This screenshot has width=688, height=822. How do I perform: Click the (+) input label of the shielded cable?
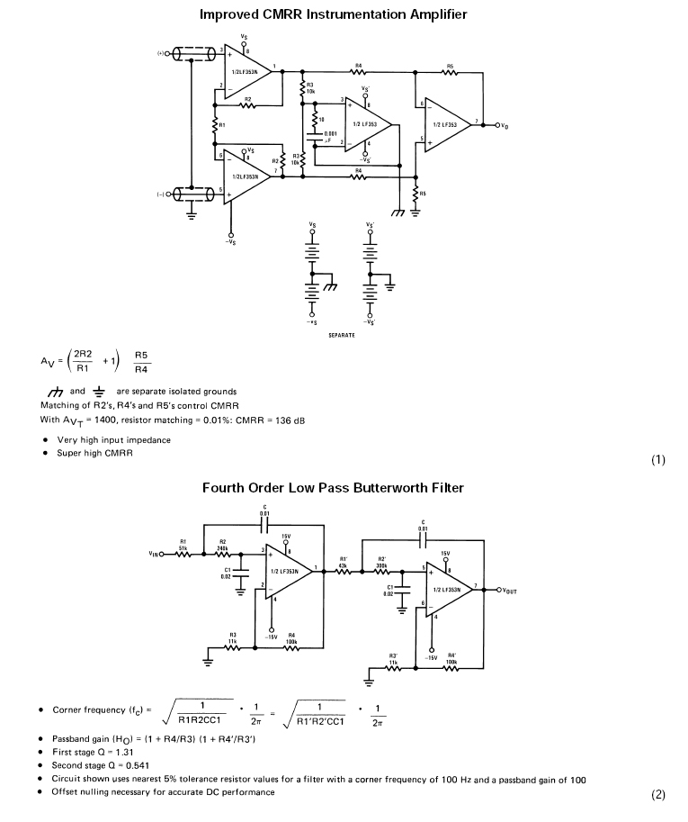[x=163, y=53]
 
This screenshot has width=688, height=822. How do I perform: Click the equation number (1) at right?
[x=658, y=460]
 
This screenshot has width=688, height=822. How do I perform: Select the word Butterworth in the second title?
[x=378, y=487]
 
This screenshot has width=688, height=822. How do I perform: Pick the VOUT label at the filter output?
[x=505, y=592]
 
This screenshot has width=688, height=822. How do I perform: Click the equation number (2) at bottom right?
[x=658, y=794]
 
